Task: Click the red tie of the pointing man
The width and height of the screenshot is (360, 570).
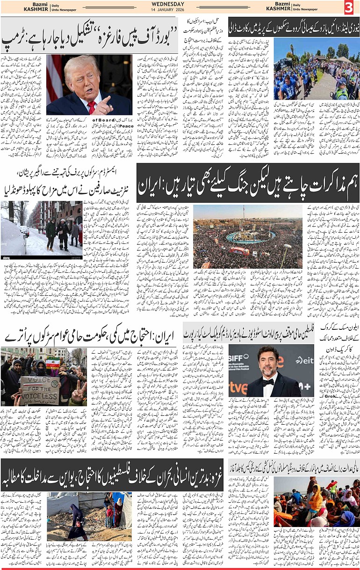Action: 92,107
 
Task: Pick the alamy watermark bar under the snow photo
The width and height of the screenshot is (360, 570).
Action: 41,257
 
